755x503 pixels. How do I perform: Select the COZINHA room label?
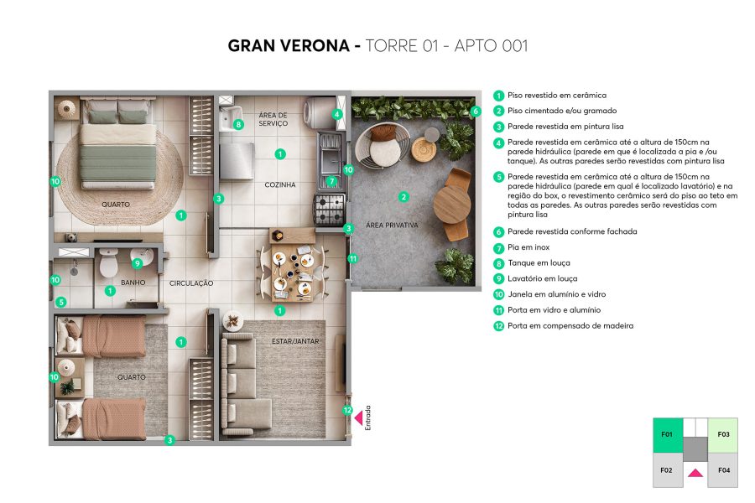(280, 184)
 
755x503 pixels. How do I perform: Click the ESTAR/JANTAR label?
(295, 341)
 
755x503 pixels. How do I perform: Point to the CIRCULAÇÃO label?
(191, 283)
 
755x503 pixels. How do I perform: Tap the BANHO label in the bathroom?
(133, 283)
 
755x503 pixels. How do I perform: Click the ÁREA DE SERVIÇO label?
(273, 119)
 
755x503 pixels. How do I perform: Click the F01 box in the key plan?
(667, 434)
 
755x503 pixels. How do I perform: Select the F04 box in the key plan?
(723, 471)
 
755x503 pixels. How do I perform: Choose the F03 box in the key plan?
(723, 434)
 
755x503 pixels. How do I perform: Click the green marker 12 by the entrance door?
(348, 411)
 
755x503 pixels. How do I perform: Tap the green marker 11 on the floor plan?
(352, 259)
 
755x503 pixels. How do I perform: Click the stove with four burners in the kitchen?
(328, 205)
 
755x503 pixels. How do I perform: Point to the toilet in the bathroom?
(108, 265)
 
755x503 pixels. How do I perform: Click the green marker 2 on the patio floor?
(404, 197)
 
